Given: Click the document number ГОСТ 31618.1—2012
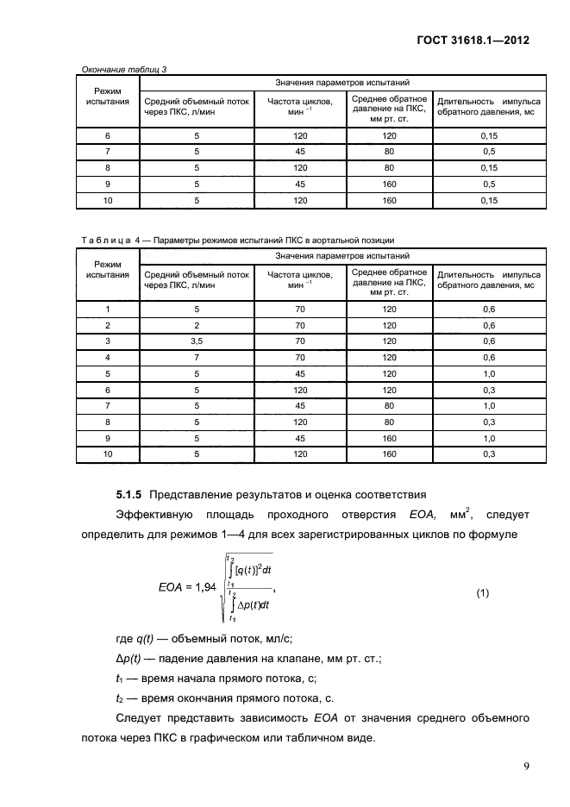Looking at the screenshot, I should pyautogui.click(x=473, y=41).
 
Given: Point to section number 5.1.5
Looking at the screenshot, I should pyautogui.click(x=130, y=495).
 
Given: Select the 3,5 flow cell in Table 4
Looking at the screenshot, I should pyautogui.click(x=197, y=341).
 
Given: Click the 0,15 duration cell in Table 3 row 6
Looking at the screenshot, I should pyautogui.click(x=489, y=135).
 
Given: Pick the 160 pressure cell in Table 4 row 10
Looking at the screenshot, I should pyautogui.click(x=389, y=454).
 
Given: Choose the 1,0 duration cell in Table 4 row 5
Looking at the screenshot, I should pyautogui.click(x=489, y=373).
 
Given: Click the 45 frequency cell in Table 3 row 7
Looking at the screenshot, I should pyautogui.click(x=301, y=152).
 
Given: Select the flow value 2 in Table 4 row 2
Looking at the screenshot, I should pyautogui.click(x=197, y=325).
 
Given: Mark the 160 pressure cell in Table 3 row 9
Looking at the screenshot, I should pyautogui.click(x=389, y=185).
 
